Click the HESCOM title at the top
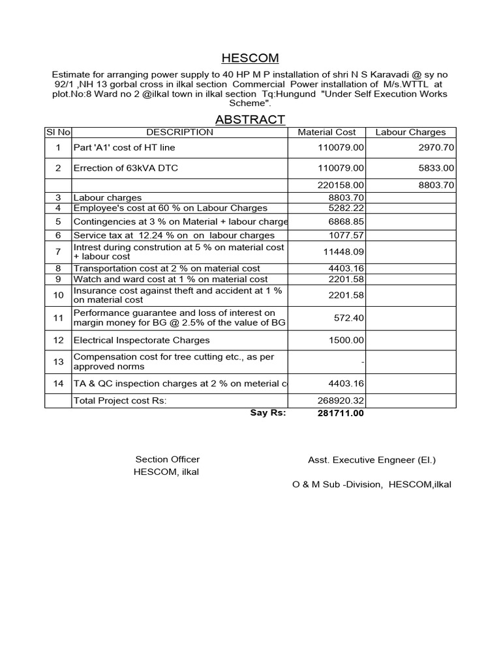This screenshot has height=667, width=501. pos(250,59)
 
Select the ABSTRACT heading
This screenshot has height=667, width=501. pos(250,119)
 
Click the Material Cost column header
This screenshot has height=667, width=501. pos(327,132)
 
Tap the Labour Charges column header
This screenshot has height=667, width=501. pos(411,132)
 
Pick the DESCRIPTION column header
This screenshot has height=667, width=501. pos(179,132)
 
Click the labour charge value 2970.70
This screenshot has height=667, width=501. pos(436,148)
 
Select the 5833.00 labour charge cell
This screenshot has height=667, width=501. pos(436,168)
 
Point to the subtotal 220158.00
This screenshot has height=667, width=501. pos(341,185)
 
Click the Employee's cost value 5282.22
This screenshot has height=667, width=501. pos(346,208)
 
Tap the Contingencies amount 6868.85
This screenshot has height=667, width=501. pos(346,221)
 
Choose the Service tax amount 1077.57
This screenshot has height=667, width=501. pos(346,235)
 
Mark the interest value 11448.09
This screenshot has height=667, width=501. pos(343,251)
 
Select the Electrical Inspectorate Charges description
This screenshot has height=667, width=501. pos(142,340)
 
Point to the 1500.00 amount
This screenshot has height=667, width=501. pos(346,340)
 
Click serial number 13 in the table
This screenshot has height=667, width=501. pos(59,362)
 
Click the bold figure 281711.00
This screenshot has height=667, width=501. pos(341,413)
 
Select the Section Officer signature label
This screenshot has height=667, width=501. pos(168,459)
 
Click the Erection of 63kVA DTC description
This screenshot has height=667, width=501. pos(125,168)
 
